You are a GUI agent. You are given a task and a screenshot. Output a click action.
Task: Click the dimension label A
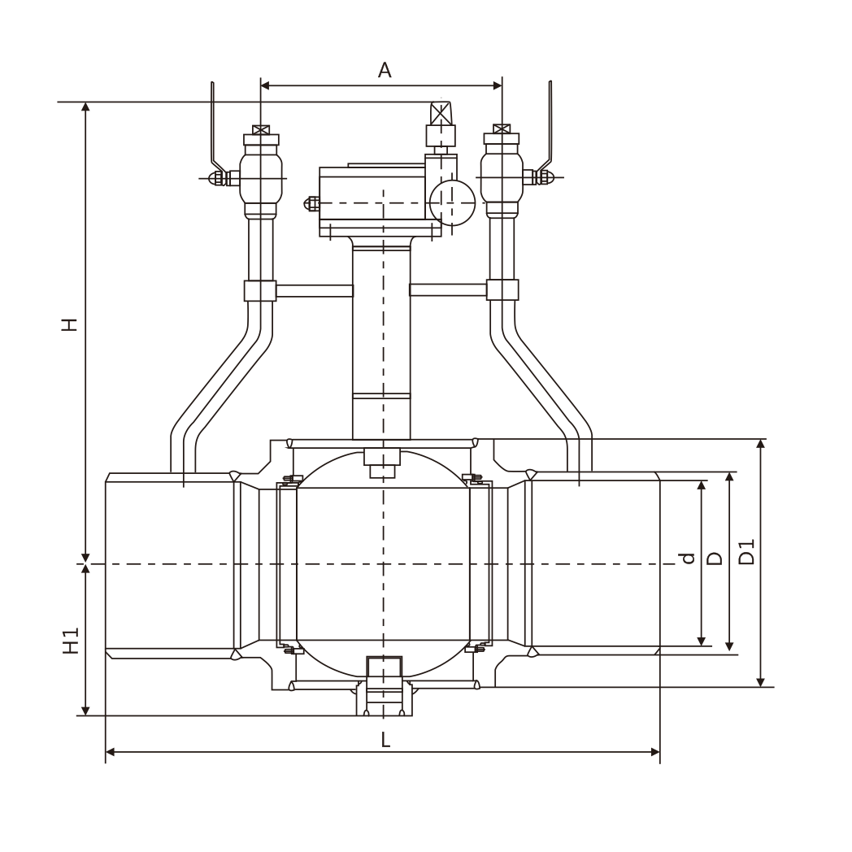coord(385,71)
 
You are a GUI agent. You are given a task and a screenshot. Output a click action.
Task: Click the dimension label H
coord(72,324)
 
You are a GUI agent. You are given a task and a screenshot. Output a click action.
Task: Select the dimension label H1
coord(72,641)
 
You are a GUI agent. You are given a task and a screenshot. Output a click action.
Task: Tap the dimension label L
coord(385,740)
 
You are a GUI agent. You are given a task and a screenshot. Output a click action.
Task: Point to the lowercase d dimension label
coord(689,559)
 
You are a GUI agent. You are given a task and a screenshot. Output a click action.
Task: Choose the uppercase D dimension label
coord(715,559)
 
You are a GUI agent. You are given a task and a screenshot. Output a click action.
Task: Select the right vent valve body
coord(502,175)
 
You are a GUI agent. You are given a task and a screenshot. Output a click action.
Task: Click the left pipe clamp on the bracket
coord(260,290)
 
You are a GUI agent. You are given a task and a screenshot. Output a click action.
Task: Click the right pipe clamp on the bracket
coord(502,290)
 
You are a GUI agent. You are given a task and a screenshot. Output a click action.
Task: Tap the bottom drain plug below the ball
coord(385,691)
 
